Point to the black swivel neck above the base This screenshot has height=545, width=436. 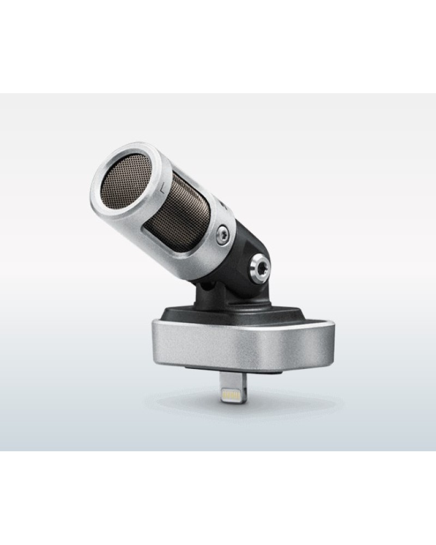[210, 297]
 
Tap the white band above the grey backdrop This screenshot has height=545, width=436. [218, 46]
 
